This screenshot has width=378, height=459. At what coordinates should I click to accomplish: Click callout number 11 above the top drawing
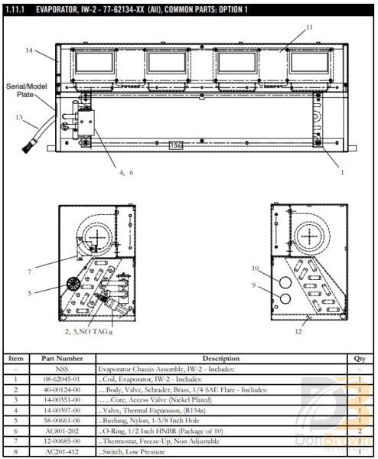[x=309, y=28]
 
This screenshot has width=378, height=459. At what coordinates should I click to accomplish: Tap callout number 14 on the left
[x=29, y=50]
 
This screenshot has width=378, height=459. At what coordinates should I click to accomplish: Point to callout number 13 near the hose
[x=19, y=117]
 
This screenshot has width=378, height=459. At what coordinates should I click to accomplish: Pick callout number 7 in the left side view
[x=30, y=272]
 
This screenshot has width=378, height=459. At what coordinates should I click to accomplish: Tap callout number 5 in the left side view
[x=30, y=292]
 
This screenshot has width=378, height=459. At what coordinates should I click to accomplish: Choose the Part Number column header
[x=62, y=358]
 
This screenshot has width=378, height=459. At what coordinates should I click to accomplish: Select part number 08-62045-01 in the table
[x=62, y=379]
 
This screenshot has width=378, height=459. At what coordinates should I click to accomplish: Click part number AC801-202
[x=62, y=431]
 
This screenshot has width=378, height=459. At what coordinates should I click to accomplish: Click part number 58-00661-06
[x=62, y=421]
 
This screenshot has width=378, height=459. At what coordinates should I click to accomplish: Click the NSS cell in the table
[x=62, y=368]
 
